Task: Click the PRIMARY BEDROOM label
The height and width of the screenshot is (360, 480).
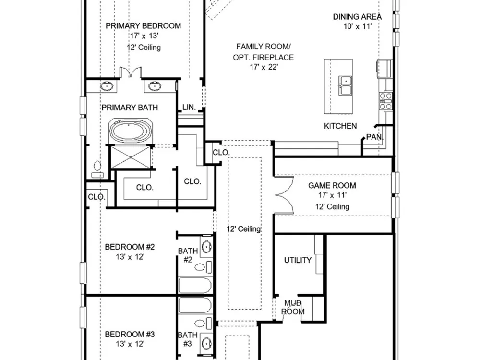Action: click(x=143, y=26)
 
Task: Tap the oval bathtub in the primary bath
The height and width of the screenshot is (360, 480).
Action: click(x=131, y=131)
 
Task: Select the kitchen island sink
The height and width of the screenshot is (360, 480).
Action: click(x=345, y=85)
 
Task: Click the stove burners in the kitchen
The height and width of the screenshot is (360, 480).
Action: click(x=385, y=101)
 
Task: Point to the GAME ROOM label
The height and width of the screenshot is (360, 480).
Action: click(x=332, y=185)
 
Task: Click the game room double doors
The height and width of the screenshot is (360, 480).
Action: click(x=284, y=195)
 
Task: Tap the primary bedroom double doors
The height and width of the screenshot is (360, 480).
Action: click(x=131, y=72)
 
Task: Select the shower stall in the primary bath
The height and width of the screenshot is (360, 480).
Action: click(x=131, y=157)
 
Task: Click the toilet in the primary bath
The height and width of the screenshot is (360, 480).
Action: click(x=97, y=169)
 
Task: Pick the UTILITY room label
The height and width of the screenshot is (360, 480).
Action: click(x=298, y=260)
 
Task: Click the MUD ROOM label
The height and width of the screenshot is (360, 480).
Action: click(x=293, y=307)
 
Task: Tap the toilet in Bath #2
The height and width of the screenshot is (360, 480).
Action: click(x=203, y=267)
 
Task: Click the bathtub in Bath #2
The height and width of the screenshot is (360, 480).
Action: click(x=195, y=285)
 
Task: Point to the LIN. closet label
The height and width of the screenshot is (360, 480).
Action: click(x=189, y=107)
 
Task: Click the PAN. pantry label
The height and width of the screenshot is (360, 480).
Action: click(x=375, y=137)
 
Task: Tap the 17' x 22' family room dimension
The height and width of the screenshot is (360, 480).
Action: click(x=264, y=67)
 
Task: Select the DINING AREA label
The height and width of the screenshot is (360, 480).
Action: click(x=357, y=16)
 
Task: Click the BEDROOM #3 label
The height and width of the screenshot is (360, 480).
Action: click(x=130, y=334)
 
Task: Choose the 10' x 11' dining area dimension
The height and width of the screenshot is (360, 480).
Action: click(x=358, y=26)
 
